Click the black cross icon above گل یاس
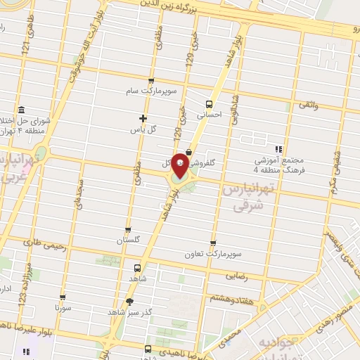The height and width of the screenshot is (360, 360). [143, 118]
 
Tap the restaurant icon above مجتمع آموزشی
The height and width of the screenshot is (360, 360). [278, 149]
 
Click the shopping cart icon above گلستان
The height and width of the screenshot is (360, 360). [127, 229]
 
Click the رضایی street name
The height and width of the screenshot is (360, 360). [255, 277]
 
